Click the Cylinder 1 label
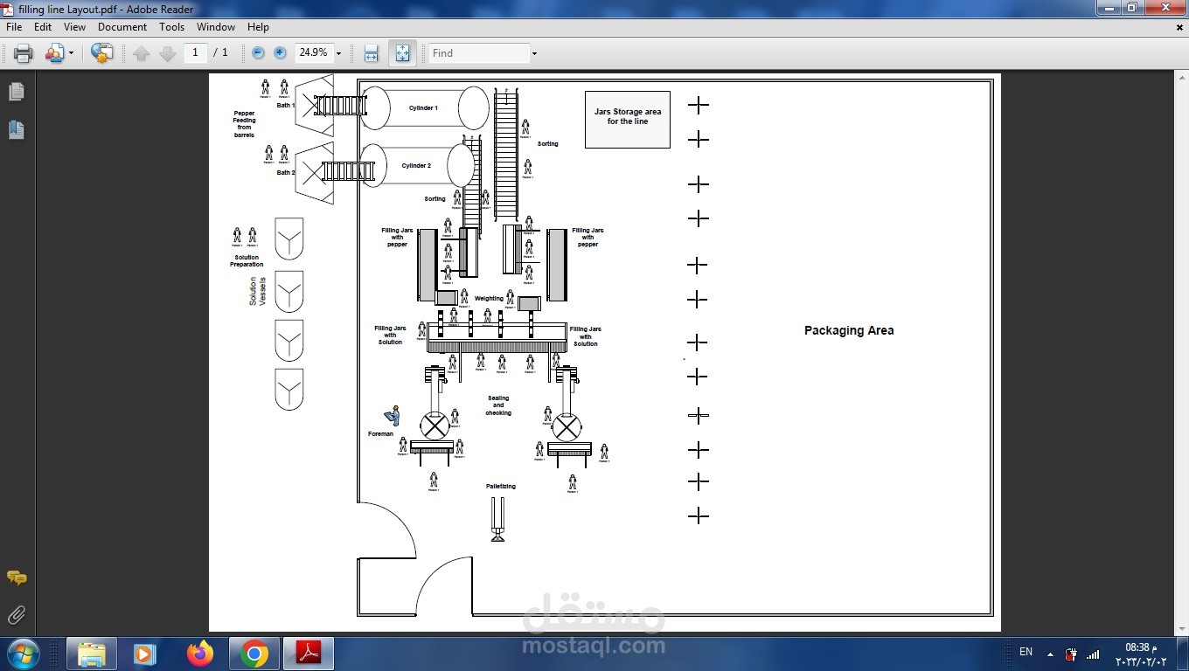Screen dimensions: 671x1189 [x=423, y=108]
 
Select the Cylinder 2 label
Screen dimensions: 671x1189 [x=416, y=166]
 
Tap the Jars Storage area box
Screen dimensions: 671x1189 [x=627, y=119]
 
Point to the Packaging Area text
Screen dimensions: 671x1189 [x=848, y=331]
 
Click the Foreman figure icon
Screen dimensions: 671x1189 [x=393, y=416]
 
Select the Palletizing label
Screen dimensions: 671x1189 [x=501, y=487]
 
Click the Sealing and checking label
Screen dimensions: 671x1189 [x=498, y=405]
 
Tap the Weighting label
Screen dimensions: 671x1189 [x=489, y=299]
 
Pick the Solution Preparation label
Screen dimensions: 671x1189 [x=247, y=260]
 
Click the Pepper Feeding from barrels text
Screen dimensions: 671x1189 [x=244, y=124]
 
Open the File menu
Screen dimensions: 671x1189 [x=14, y=27]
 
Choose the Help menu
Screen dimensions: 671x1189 [x=258, y=27]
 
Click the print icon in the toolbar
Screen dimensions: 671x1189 [x=24, y=53]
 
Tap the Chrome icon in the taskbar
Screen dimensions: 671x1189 [x=254, y=654]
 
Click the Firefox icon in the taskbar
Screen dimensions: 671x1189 [x=200, y=654]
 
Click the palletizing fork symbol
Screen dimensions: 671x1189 [x=497, y=519]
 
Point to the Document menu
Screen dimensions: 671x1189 [x=122, y=27]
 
